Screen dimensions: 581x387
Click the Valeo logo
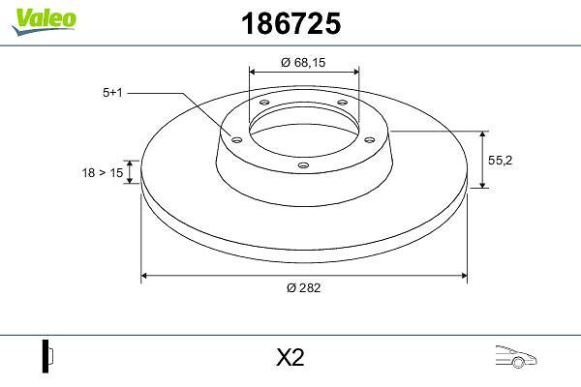(44, 21)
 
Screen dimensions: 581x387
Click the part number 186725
(290, 23)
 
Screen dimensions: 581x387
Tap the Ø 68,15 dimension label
(303, 63)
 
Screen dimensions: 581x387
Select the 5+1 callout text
(112, 93)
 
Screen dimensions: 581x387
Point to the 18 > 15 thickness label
(103, 172)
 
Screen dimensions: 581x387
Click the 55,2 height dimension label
(500, 161)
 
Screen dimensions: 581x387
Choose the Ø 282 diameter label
(303, 287)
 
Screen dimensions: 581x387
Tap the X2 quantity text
(290, 357)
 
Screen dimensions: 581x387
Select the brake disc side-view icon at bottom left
(47, 356)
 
